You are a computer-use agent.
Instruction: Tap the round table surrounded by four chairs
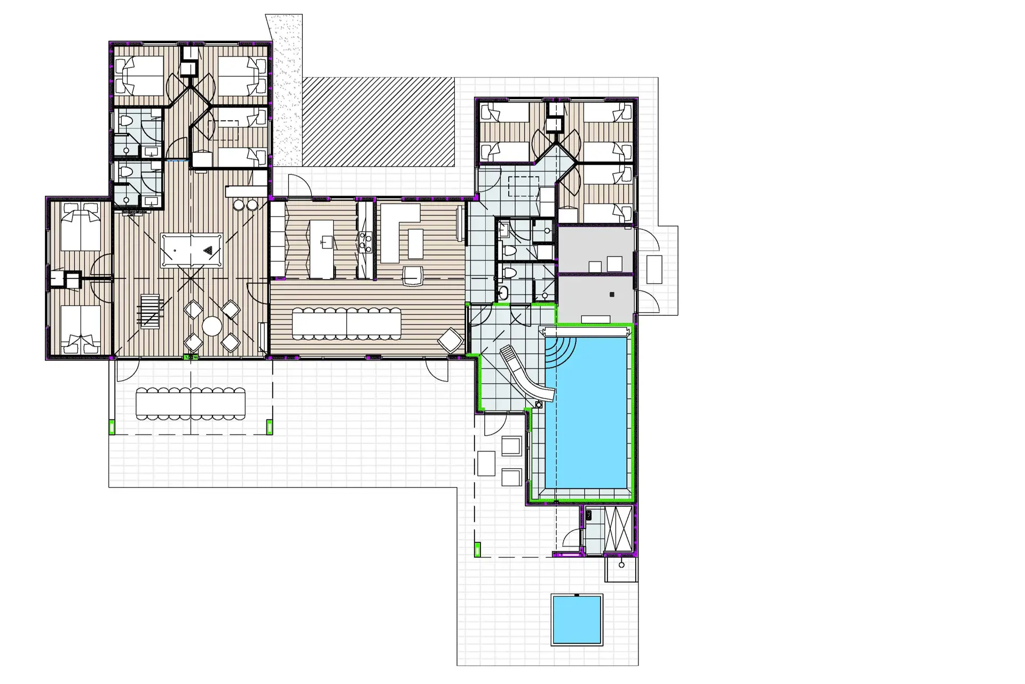[212, 326]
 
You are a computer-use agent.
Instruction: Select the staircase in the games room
[150, 310]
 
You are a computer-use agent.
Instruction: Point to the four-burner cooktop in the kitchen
[365, 241]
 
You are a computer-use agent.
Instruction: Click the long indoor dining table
[346, 323]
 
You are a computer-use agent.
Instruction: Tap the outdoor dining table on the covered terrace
[191, 403]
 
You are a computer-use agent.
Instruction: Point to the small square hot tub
[577, 620]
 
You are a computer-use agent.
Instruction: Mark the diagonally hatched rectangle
[378, 122]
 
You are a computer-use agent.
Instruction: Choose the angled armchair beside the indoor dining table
[450, 340]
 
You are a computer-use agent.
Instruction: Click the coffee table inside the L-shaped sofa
[415, 243]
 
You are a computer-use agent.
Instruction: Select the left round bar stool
[239, 205]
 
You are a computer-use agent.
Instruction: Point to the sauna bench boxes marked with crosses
[618, 529]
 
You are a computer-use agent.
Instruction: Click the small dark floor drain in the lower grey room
[612, 294]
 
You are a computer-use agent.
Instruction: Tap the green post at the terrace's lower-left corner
[112, 427]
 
